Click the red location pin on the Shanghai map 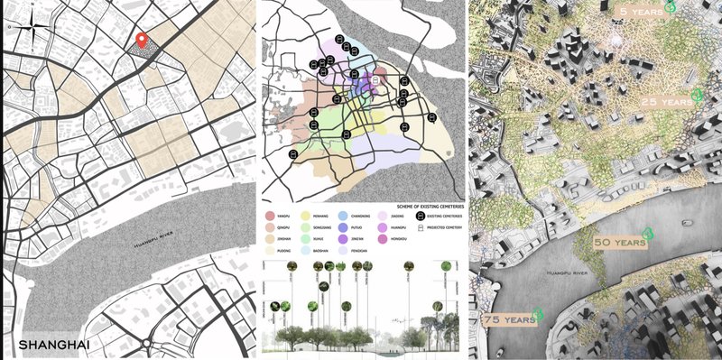coord(141,41)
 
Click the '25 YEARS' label coord(665,102)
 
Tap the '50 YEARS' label coord(619,242)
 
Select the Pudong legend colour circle coord(270,251)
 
